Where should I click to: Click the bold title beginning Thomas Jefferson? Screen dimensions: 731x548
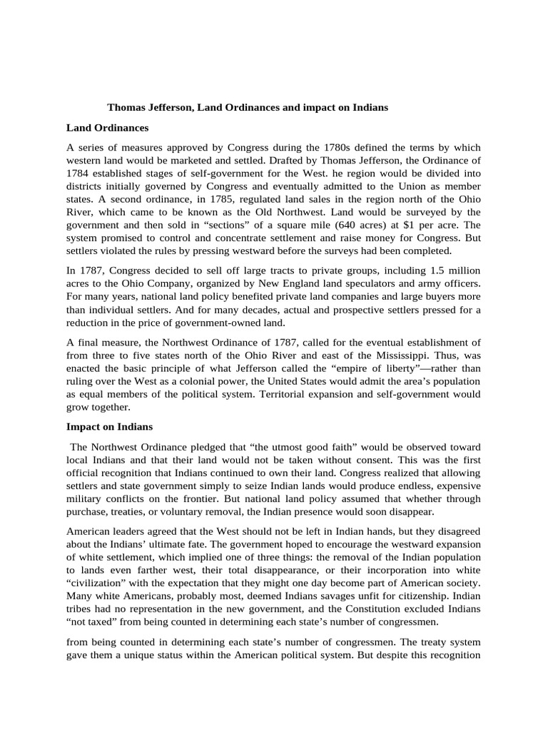click(x=248, y=108)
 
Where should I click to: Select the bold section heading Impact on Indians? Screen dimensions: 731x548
click(x=109, y=427)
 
